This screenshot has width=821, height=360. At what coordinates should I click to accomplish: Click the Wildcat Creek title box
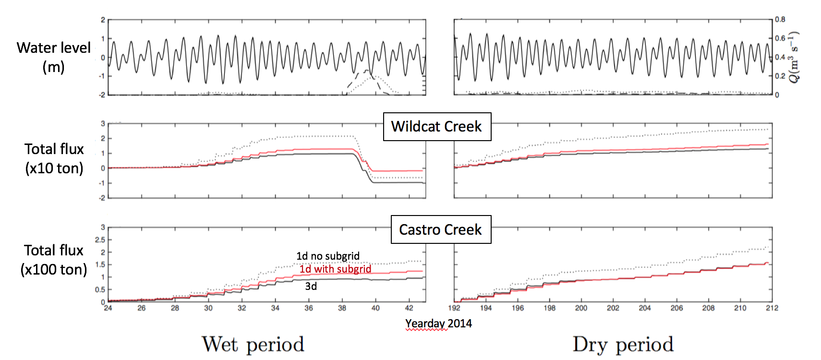(437, 127)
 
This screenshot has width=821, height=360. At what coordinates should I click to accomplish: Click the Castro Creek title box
(441, 229)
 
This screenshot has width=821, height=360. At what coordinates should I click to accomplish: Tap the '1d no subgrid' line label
(328, 256)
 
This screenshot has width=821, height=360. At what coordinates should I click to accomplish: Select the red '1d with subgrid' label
(336, 269)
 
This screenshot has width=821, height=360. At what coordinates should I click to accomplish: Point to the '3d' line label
(311, 287)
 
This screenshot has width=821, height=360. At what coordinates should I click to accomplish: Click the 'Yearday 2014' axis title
(438, 324)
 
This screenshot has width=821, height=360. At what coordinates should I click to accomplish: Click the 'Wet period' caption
(253, 344)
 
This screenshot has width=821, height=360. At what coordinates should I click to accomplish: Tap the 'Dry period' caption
(623, 344)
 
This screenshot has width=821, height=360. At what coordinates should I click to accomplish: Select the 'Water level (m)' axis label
(54, 57)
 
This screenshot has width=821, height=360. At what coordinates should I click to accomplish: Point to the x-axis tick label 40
(375, 308)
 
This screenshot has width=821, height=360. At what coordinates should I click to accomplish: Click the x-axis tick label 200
(581, 308)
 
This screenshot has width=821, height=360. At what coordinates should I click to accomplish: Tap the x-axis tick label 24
(108, 308)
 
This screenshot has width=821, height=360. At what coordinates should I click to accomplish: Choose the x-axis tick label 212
(772, 308)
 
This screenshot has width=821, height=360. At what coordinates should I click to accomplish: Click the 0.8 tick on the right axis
(780, 20)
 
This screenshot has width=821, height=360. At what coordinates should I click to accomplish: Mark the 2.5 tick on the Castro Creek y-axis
(100, 240)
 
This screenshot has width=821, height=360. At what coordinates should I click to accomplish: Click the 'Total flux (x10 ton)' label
(54, 158)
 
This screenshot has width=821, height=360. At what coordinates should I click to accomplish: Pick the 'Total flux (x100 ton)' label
(54, 260)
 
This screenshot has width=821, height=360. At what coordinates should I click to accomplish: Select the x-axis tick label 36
(309, 308)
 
